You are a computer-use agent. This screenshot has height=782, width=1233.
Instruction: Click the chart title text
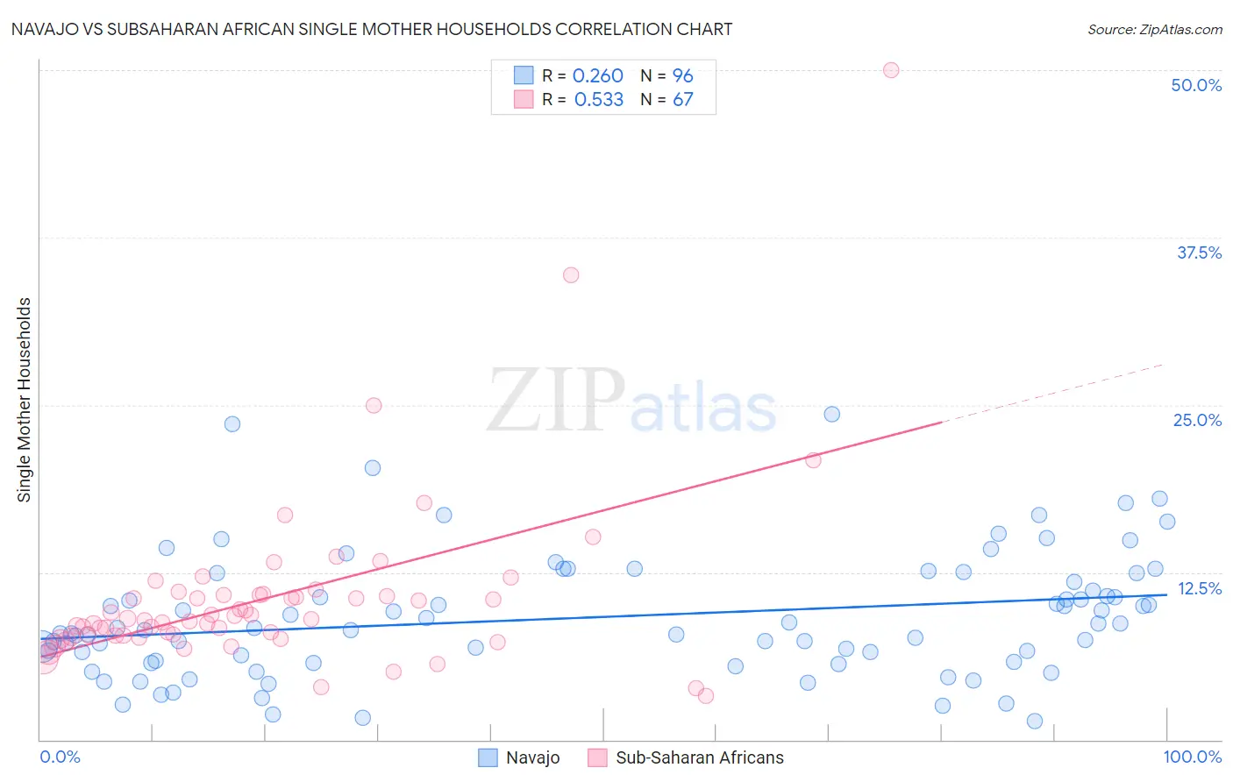pyautogui.click(x=371, y=29)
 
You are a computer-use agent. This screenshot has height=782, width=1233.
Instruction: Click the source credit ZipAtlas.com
pyautogui.click(x=1154, y=30)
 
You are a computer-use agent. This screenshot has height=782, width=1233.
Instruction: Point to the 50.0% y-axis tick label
pyautogui.click(x=1195, y=85)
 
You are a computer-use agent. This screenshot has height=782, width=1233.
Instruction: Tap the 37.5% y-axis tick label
pyautogui.click(x=1198, y=252)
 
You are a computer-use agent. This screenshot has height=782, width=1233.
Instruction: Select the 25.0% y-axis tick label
pyautogui.click(x=1196, y=420)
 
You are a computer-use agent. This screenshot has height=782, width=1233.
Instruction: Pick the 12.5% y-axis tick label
pyautogui.click(x=1198, y=588)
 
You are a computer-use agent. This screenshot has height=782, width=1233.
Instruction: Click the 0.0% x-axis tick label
pyautogui.click(x=60, y=757)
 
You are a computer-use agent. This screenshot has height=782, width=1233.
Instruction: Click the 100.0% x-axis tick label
pyautogui.click(x=1192, y=757)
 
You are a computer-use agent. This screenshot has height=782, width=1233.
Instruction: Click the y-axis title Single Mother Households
pyautogui.click(x=25, y=400)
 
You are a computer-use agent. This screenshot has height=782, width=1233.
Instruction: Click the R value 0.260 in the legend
pyautogui.click(x=597, y=76)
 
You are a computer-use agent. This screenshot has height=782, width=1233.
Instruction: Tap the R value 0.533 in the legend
pyautogui.click(x=598, y=100)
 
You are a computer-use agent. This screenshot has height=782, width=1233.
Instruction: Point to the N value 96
pyautogui.click(x=682, y=76)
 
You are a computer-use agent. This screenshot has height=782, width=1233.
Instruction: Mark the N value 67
pyautogui.click(x=682, y=100)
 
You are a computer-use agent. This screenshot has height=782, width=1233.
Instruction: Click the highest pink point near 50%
pyautogui.click(x=891, y=70)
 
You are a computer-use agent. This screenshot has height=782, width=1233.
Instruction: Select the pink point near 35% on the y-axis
pyautogui.click(x=571, y=275)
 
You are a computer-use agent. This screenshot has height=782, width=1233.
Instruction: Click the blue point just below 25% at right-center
pyautogui.click(x=832, y=415)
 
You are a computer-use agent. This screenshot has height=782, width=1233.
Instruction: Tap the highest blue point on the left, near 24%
pyautogui.click(x=232, y=424)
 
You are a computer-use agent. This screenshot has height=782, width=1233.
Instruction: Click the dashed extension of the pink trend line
pyautogui.click(x=1052, y=393)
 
